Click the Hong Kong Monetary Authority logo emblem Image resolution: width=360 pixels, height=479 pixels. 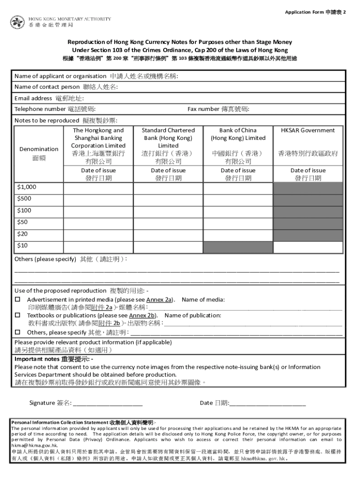[17, 22]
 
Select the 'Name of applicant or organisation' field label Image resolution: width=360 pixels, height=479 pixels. [60, 76]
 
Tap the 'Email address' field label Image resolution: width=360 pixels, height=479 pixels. [33, 98]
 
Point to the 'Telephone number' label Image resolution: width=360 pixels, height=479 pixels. [40, 109]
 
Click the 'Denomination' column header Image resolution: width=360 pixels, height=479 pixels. [39, 149]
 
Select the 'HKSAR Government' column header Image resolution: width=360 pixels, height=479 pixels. [308, 131]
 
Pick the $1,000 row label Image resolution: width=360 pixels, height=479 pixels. [27, 187]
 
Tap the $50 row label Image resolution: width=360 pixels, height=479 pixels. [22, 222]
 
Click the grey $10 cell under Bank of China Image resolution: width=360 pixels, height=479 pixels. [238, 246]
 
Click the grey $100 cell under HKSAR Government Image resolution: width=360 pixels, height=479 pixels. [308, 211]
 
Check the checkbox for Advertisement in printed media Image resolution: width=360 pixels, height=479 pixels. [17, 299]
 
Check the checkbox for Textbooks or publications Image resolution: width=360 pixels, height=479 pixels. [17, 316]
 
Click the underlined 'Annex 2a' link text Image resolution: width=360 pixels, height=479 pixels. [159, 299]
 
